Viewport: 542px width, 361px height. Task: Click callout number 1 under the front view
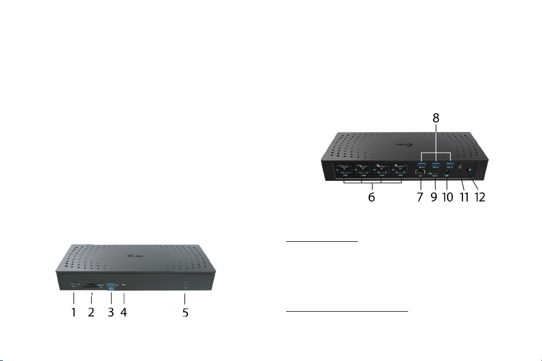click(73, 312)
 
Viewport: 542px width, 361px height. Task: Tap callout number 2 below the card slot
click(91, 312)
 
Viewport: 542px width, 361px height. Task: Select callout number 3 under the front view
click(110, 312)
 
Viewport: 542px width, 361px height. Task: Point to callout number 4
click(123, 312)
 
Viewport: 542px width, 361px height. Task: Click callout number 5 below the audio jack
click(185, 313)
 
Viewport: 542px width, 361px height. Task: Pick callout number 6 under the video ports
click(372, 198)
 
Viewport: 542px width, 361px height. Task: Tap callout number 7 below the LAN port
click(420, 198)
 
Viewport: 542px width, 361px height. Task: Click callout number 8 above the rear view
click(436, 118)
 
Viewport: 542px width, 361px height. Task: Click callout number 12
click(480, 198)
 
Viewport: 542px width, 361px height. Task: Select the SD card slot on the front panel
click(91, 285)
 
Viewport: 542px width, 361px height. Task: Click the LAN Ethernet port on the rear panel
click(419, 173)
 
